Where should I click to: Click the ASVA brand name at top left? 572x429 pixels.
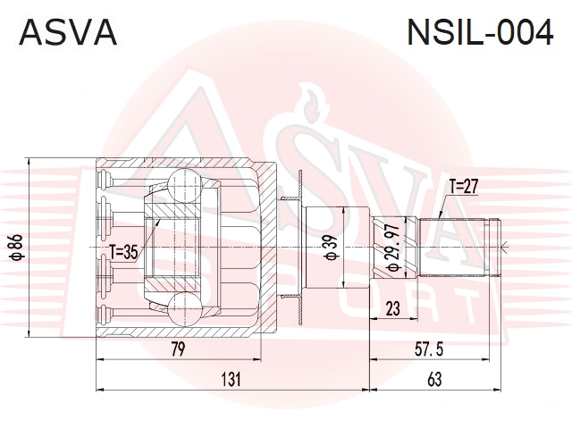click(x=68, y=32)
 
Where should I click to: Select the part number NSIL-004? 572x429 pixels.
click(x=480, y=32)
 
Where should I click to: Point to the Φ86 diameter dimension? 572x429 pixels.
click(x=17, y=248)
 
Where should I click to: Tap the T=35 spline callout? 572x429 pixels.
click(x=123, y=252)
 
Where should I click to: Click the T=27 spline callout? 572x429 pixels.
click(x=463, y=187)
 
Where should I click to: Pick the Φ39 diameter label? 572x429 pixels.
click(x=332, y=248)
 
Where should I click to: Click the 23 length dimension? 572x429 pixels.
click(x=392, y=308)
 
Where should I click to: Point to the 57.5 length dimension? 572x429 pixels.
click(x=429, y=349)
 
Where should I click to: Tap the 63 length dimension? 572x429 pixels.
click(x=434, y=379)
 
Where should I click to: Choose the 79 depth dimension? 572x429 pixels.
click(x=178, y=349)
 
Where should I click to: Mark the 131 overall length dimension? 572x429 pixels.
click(x=231, y=379)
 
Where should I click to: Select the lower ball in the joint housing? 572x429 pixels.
click(x=185, y=308)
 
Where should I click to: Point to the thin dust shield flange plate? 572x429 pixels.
click(x=300, y=248)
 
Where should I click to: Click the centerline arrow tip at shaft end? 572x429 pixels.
click(x=502, y=248)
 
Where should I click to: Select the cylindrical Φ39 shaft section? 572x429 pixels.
click(x=338, y=248)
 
